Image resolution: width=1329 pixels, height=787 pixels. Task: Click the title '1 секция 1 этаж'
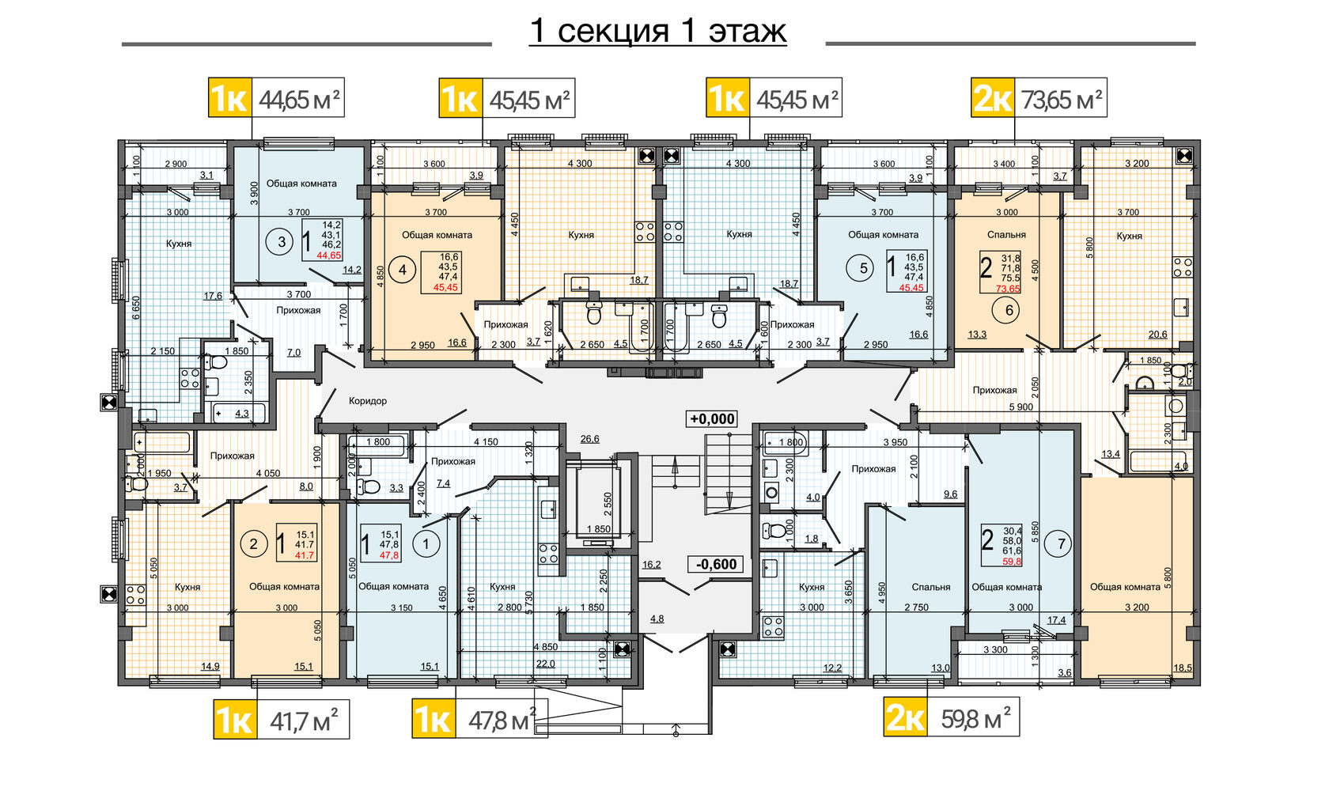(x=657, y=31)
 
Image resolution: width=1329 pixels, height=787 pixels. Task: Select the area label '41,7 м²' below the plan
(x=304, y=720)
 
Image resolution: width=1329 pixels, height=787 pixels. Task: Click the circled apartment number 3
(x=282, y=241)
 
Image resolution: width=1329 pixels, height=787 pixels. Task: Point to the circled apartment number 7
(x=1062, y=544)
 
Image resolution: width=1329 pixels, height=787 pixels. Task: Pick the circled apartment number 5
(x=863, y=268)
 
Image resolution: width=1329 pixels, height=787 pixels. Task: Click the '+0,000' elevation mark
(x=712, y=418)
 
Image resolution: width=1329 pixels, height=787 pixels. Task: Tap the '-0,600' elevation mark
(x=715, y=564)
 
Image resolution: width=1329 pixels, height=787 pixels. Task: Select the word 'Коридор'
(x=368, y=401)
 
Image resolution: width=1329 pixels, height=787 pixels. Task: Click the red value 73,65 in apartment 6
(x=1008, y=289)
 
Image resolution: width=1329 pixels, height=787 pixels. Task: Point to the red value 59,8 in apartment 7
(x=1012, y=561)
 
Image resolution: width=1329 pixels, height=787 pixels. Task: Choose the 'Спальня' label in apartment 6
(x=1006, y=234)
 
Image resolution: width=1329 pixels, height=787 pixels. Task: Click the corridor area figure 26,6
(x=590, y=439)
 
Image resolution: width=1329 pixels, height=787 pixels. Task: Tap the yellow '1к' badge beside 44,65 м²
(x=230, y=98)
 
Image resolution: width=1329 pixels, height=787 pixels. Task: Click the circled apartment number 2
(x=253, y=544)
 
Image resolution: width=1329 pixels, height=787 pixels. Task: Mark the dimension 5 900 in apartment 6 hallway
(x=1021, y=407)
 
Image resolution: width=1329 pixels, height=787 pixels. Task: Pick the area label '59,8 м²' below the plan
(x=975, y=719)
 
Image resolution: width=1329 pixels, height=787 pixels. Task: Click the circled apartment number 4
(x=403, y=271)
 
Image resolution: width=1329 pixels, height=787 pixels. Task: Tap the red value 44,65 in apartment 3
(x=329, y=255)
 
